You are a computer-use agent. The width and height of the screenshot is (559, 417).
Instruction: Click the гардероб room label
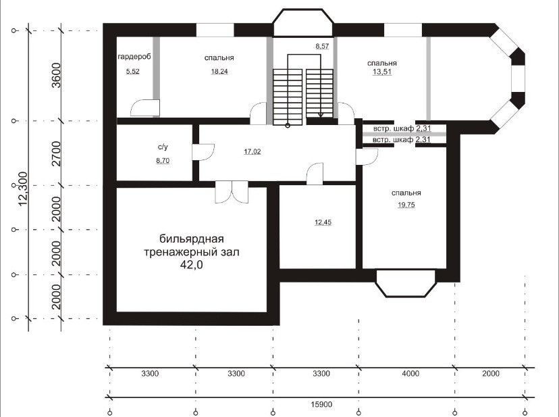tap(134, 56)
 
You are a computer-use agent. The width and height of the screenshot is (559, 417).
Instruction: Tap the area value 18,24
tap(219, 72)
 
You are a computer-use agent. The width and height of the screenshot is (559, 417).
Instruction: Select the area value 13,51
tap(382, 72)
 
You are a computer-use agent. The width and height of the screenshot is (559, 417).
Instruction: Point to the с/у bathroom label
tap(163, 147)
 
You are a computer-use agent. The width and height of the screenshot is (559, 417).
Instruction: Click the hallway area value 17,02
tap(252, 151)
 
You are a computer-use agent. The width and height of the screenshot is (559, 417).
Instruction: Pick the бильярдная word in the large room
tap(192, 239)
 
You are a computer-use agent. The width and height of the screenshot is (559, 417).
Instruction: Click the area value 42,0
tap(192, 264)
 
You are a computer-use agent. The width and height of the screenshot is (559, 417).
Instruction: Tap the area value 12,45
tap(323, 222)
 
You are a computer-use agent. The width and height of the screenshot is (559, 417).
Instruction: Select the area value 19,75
tap(406, 205)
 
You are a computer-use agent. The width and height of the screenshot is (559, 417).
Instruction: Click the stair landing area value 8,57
tap(322, 46)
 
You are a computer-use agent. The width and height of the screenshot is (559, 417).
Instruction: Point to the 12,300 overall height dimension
tap(23, 189)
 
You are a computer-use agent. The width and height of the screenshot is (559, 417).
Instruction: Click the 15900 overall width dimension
tap(321, 405)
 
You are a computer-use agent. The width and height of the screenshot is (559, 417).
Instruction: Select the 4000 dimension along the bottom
tap(410, 374)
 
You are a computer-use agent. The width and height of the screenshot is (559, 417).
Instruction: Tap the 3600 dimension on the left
tap(56, 75)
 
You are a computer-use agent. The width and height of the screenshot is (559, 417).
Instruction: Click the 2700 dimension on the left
tap(56, 153)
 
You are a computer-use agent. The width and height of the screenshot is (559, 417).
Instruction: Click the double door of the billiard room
tap(232, 192)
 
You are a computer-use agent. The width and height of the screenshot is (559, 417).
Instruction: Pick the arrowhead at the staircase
tap(321, 115)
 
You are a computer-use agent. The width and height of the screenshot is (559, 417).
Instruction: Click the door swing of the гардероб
tap(145, 108)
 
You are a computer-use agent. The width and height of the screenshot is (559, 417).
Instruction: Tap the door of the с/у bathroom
tap(203, 152)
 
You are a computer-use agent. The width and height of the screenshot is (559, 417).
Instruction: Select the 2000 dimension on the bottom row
tap(491, 374)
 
